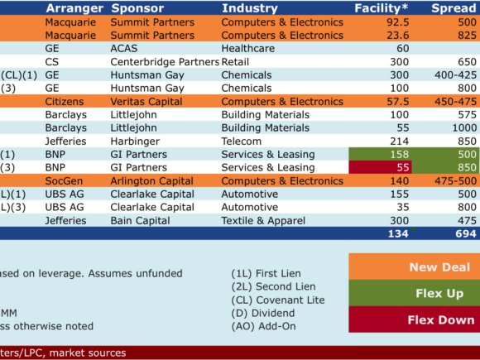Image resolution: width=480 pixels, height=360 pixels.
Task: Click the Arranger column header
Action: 74,8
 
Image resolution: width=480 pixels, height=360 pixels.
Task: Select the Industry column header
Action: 250,8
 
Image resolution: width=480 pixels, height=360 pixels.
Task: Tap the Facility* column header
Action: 382,8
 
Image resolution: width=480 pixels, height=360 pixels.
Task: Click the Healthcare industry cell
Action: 248,48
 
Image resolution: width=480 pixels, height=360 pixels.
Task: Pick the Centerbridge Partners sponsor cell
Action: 165,62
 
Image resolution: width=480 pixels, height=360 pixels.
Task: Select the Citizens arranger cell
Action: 65,101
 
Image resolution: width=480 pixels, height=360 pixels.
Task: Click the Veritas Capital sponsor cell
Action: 146,101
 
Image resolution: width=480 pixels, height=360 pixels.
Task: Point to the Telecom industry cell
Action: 242,142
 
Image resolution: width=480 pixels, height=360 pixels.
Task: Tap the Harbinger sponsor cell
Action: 135,142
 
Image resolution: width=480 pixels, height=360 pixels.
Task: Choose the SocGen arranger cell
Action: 64,181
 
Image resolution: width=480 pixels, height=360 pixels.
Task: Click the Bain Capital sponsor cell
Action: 140,220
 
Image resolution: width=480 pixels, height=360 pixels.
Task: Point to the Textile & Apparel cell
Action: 263,220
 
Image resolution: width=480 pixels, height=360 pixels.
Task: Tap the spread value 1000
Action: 464,127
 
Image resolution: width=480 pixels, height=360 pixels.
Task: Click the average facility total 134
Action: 398,233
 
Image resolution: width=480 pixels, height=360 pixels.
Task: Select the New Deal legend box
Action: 414,266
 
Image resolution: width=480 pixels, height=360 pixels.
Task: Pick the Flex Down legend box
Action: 414,319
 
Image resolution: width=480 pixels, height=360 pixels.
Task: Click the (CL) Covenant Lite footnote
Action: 278,300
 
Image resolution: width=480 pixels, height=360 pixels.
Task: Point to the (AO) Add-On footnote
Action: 263,326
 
